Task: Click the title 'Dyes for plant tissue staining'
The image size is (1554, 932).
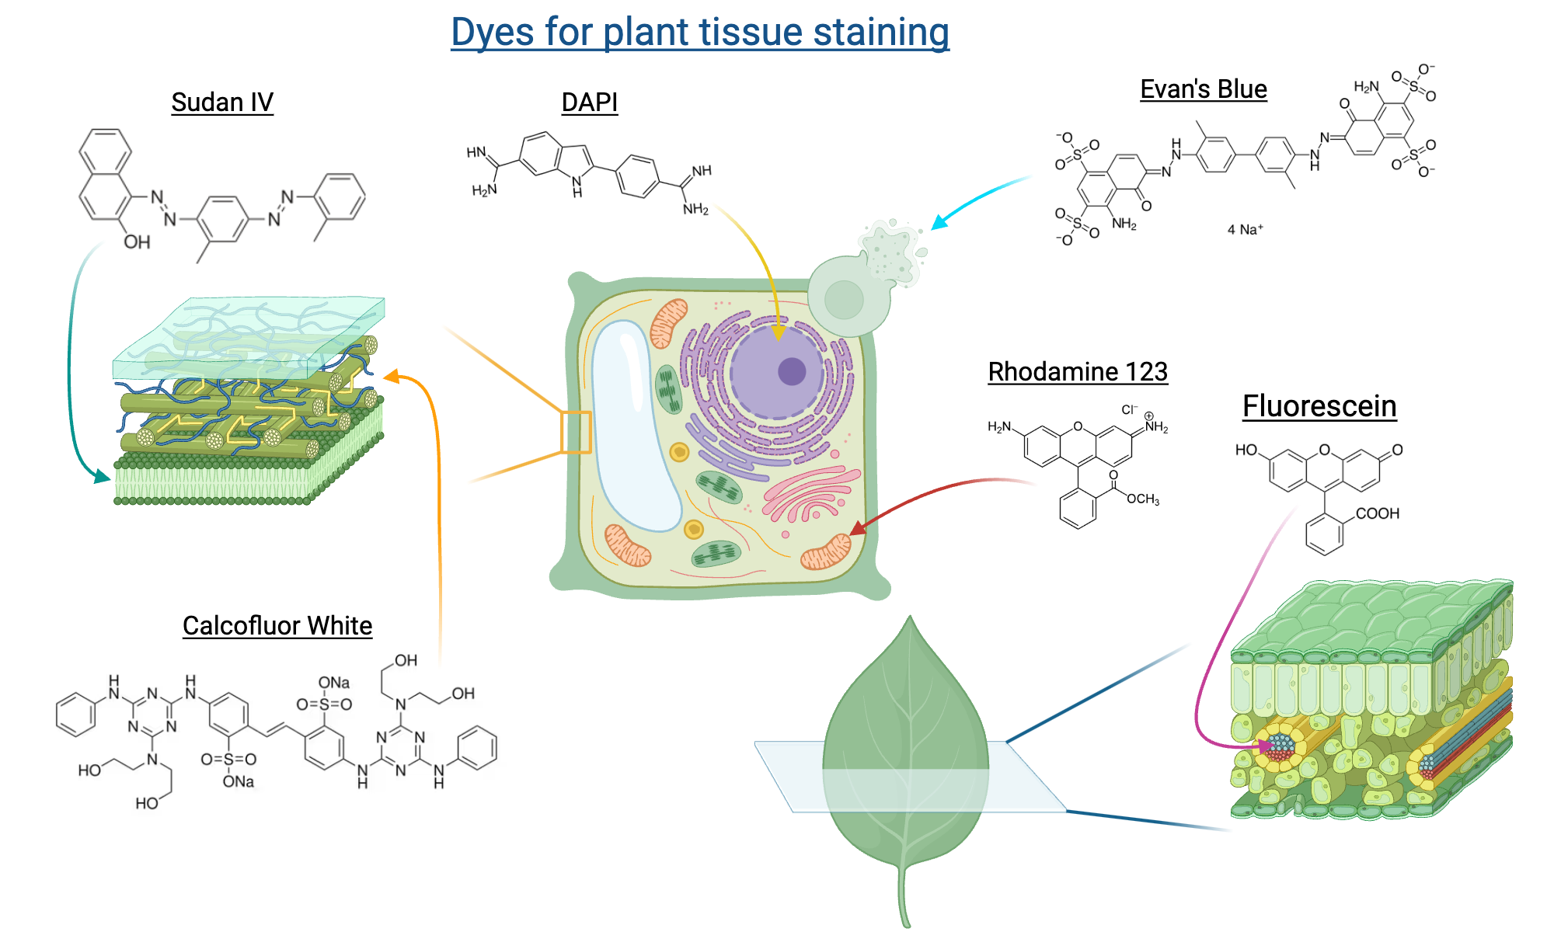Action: (x=699, y=33)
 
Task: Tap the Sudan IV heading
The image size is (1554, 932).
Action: (x=221, y=102)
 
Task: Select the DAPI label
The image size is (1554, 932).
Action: (x=589, y=102)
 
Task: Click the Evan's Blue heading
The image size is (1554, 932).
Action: (x=1203, y=89)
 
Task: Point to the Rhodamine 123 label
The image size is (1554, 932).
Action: (x=1077, y=371)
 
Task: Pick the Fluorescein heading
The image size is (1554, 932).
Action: (x=1319, y=406)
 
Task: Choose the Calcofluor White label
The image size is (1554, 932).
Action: (x=277, y=625)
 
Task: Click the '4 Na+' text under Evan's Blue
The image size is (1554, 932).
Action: (x=1245, y=229)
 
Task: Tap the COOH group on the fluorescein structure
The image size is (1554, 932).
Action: (x=1377, y=513)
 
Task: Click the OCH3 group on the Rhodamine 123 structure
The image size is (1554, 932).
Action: (x=1142, y=499)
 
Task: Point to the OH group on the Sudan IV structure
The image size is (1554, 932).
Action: (x=137, y=242)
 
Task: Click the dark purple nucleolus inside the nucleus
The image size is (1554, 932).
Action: (x=792, y=371)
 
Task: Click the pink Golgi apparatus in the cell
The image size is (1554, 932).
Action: (x=808, y=497)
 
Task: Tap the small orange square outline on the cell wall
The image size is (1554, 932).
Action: (x=576, y=432)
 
